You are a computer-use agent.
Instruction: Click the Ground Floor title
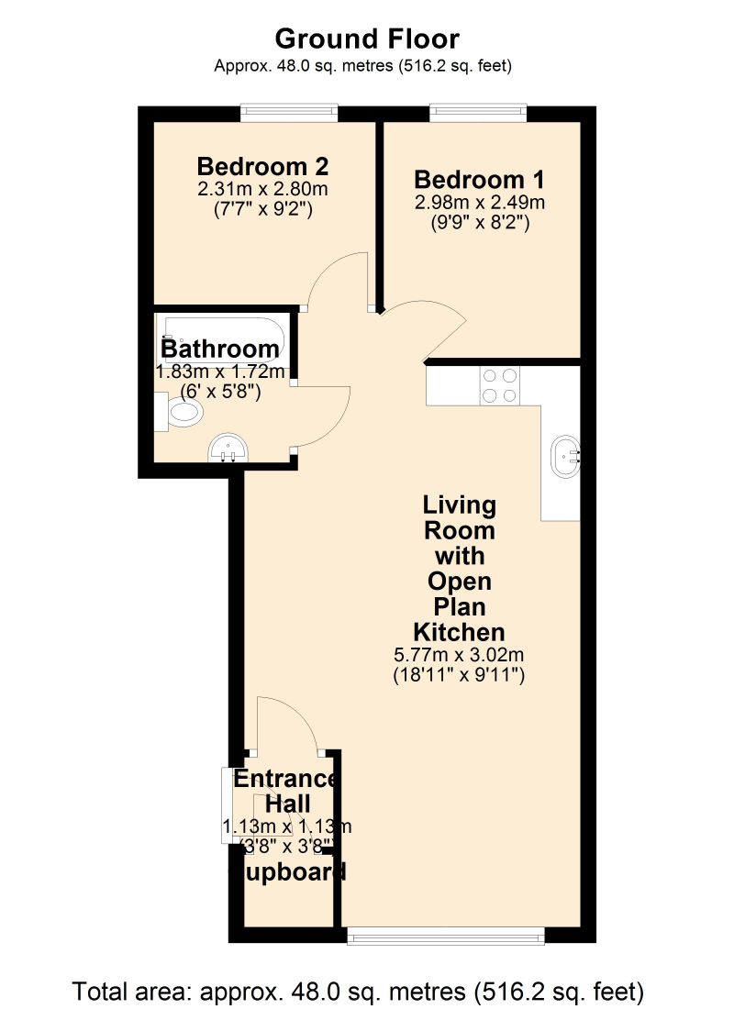pos(367,39)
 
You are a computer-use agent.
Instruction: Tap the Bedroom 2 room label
pos(263,167)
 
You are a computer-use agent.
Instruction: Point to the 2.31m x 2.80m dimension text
pos(263,190)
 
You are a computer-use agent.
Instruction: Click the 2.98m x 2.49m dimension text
pos(480,202)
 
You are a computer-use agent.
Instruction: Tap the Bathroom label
pos(220,349)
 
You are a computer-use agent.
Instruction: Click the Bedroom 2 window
pos(289,113)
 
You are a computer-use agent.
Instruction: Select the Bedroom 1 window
pos(479,113)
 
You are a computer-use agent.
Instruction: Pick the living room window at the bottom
pos(446,936)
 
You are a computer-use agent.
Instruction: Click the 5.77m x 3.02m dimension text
pos(459,657)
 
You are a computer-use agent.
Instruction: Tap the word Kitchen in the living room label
pos(459,632)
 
